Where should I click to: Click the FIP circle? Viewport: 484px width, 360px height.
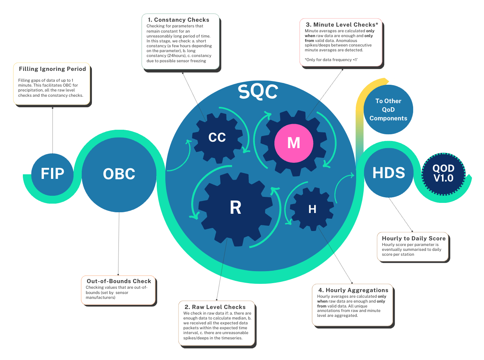(x=52, y=174)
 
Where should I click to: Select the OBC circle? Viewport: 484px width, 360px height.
(x=119, y=174)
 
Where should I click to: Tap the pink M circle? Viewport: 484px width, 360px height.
(x=294, y=143)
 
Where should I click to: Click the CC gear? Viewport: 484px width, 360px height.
(x=217, y=138)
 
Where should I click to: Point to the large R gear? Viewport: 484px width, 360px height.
(x=235, y=207)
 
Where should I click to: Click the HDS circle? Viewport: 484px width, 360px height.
(x=389, y=173)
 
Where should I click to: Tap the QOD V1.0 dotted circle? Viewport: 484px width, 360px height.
(x=444, y=174)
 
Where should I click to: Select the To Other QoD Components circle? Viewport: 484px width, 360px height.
(x=388, y=109)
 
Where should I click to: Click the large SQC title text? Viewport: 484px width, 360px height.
(x=258, y=91)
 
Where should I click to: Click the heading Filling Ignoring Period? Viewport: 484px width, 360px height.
(x=52, y=69)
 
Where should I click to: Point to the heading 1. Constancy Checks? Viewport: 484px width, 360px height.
(x=178, y=20)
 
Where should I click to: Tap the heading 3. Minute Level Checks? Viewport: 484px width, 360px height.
(x=342, y=25)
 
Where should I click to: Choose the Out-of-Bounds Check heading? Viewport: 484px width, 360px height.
(x=119, y=281)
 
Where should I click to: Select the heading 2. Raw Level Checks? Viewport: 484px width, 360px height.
(x=215, y=307)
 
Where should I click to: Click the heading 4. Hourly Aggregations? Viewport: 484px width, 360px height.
(x=353, y=290)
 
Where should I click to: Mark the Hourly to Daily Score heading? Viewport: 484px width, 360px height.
(x=414, y=238)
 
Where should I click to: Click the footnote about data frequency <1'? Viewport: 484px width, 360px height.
(x=331, y=60)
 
